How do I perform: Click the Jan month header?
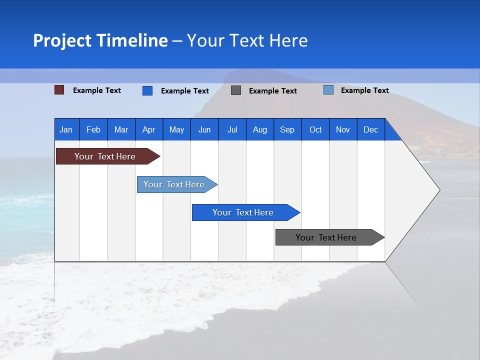click(66, 129)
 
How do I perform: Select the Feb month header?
click(93, 129)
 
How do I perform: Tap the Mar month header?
click(121, 129)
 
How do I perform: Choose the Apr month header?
click(149, 129)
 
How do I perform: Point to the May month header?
click(176, 129)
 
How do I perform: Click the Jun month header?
click(204, 129)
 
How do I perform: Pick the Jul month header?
click(232, 129)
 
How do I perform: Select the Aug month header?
click(260, 129)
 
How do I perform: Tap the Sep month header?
click(287, 129)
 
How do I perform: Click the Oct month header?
click(315, 129)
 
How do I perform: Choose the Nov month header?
click(343, 129)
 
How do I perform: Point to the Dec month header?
click(371, 129)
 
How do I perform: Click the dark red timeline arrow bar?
click(105, 156)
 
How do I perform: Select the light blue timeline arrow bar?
click(174, 184)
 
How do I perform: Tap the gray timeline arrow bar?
click(326, 237)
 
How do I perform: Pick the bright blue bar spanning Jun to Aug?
click(243, 212)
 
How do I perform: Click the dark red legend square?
click(59, 90)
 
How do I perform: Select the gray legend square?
click(236, 90)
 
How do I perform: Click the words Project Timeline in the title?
click(100, 40)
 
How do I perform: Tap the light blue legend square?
click(328, 90)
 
